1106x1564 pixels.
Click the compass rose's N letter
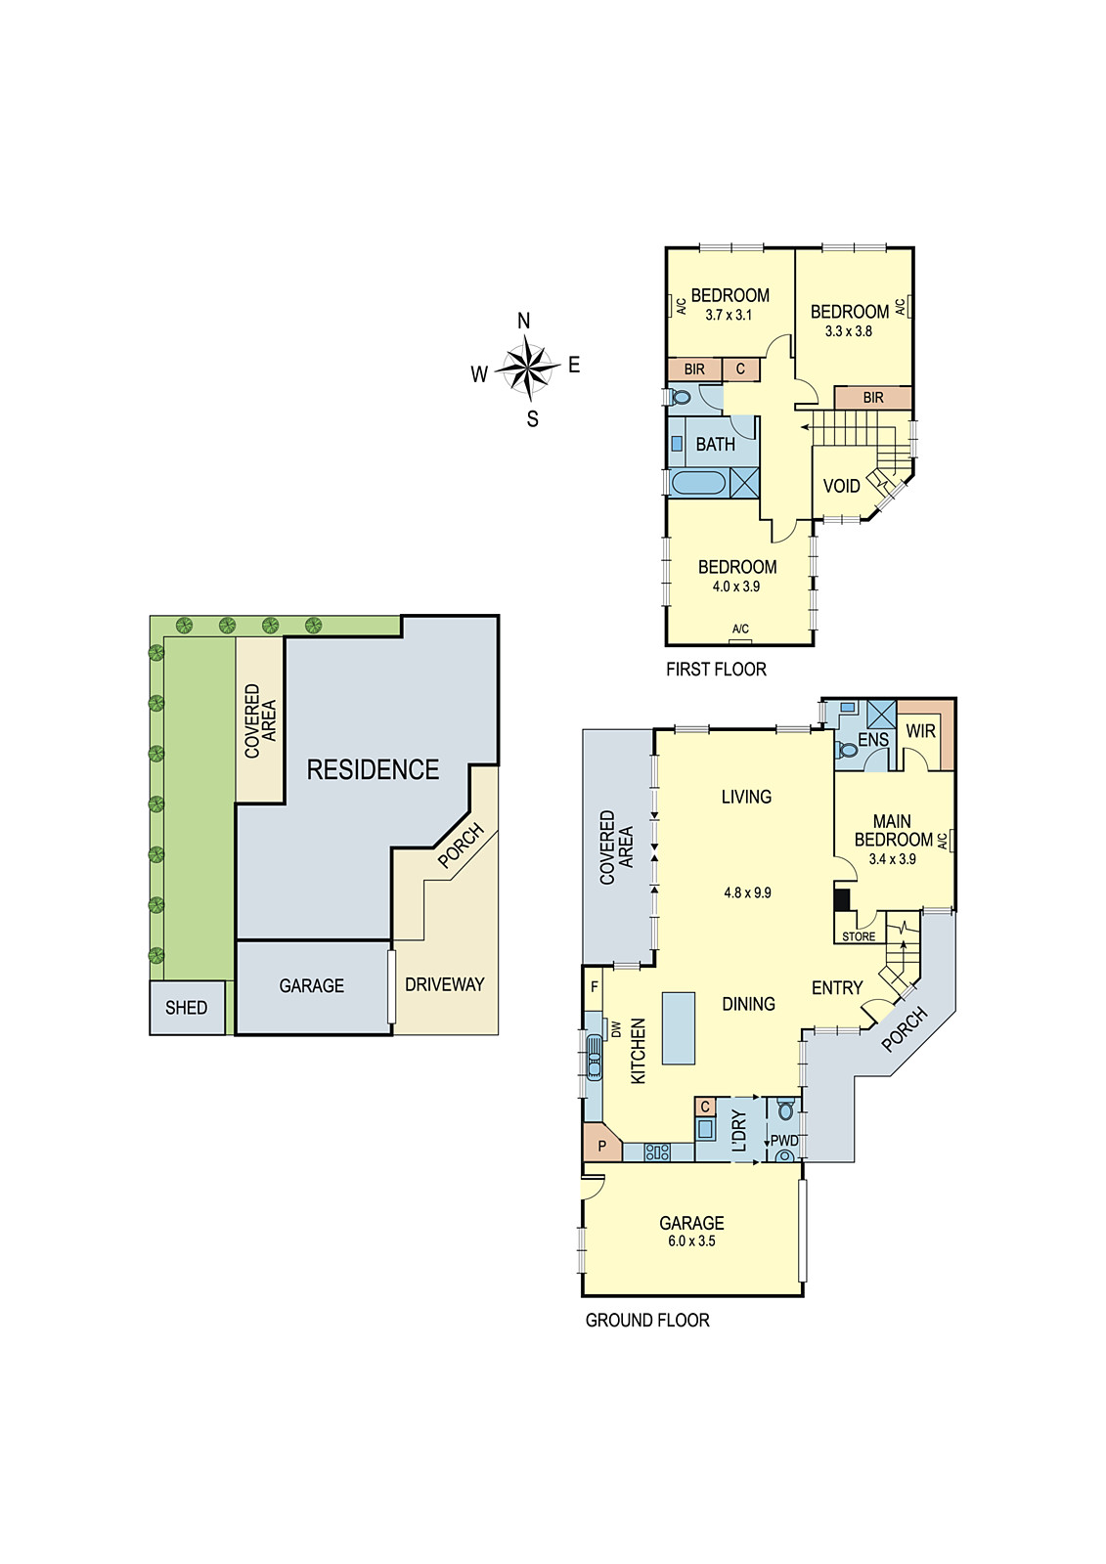[x=523, y=321]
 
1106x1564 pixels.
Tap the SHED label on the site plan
[x=186, y=1008]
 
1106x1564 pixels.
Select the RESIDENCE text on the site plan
[x=373, y=770]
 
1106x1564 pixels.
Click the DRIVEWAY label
[x=444, y=984]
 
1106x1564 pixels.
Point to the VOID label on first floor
[x=841, y=486]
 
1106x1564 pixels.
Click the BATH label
[x=715, y=444]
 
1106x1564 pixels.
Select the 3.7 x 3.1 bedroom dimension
[x=729, y=315]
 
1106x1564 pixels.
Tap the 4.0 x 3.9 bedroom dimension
[x=736, y=586]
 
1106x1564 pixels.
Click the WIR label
[x=920, y=730]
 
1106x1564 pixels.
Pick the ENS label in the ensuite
[x=873, y=739]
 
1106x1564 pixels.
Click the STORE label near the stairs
[x=859, y=936]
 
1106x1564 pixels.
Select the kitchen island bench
[x=679, y=1027]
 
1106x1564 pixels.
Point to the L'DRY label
[x=739, y=1130]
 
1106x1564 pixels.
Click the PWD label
[x=784, y=1141]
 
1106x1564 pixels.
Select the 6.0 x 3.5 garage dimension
[x=691, y=1241]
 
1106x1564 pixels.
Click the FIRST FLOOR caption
[x=716, y=670]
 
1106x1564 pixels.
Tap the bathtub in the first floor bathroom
[x=698, y=483]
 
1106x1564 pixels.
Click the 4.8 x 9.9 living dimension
[x=747, y=892]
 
